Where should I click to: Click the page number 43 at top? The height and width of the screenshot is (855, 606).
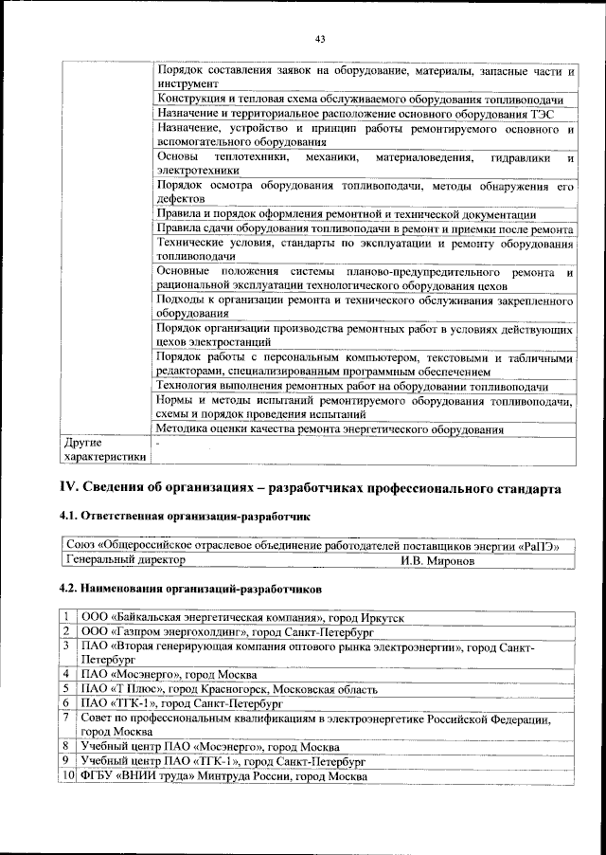click(x=319, y=39)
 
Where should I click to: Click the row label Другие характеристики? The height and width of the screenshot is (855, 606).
click(x=104, y=449)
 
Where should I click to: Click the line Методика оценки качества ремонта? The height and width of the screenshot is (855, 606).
click(x=330, y=429)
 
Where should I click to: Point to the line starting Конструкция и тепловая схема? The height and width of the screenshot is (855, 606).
click(x=361, y=100)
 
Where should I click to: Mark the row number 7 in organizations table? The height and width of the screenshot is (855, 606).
click(x=68, y=719)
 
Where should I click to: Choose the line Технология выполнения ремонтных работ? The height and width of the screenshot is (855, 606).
click(x=352, y=387)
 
